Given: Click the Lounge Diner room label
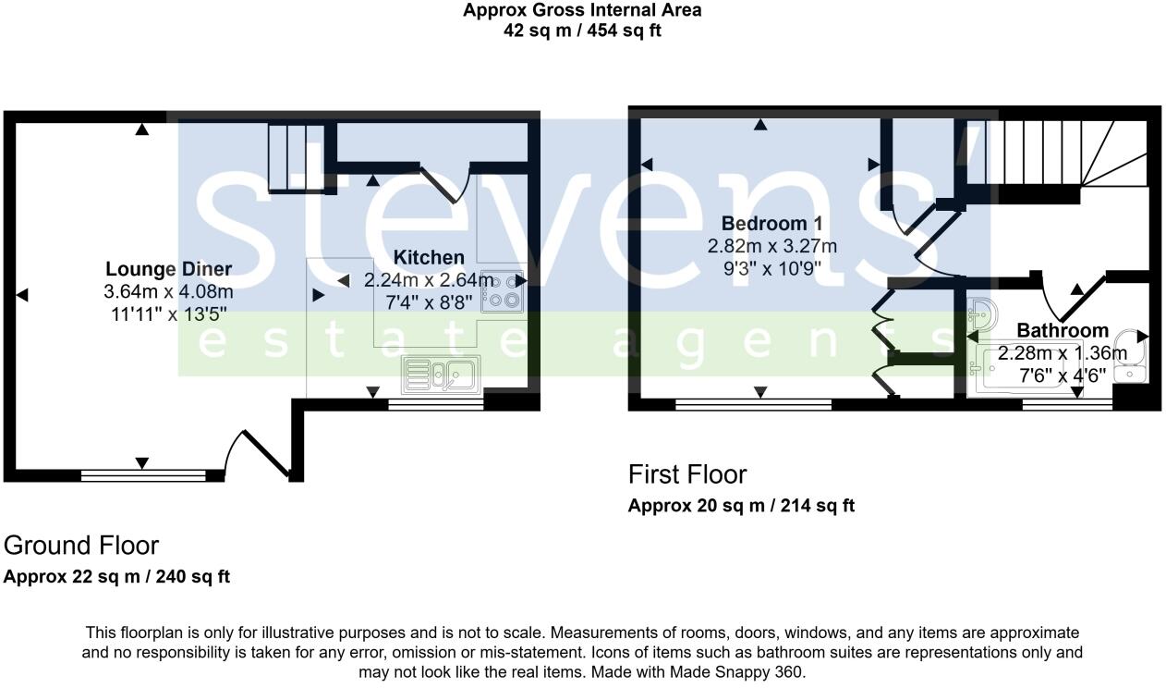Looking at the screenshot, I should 167,269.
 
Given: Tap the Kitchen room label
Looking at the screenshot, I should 429,257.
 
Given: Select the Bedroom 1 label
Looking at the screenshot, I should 771,224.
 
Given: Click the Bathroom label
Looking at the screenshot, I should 1063,330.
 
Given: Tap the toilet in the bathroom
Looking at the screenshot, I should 1129,357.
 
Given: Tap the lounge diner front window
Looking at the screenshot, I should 143,475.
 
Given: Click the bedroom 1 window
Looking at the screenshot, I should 752,404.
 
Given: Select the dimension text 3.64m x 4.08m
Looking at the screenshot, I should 167,292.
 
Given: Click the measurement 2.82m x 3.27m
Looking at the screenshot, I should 771,246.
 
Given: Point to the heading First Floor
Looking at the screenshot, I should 686,474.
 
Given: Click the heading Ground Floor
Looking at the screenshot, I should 81,545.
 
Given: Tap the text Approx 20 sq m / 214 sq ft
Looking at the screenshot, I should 741,506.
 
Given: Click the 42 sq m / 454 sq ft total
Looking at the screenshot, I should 582,31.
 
